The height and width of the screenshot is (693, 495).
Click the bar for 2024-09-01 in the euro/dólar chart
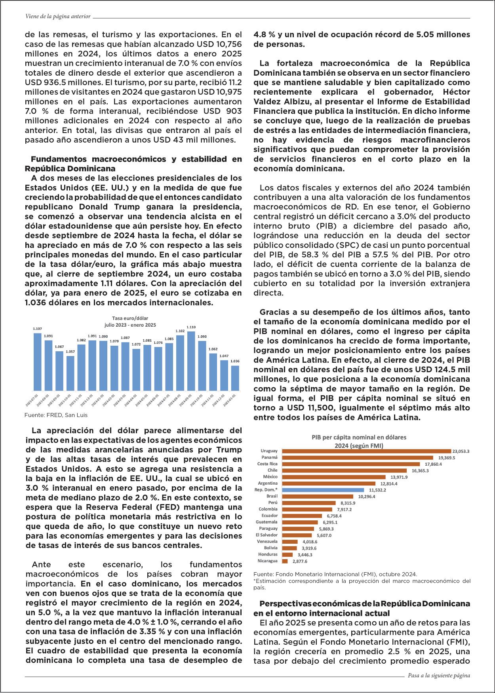[191, 360]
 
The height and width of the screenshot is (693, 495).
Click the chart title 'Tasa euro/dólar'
[130, 318]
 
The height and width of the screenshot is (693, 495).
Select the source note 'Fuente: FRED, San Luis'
[56, 415]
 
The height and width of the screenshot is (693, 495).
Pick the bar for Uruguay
[366, 451]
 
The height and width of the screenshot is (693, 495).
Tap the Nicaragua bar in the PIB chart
[285, 561]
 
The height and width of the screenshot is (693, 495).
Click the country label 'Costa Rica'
[267, 464]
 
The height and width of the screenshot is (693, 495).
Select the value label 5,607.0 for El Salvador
[324, 535]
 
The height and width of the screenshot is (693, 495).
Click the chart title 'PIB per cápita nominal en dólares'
[359, 438]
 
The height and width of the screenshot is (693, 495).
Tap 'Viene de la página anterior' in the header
[58, 17]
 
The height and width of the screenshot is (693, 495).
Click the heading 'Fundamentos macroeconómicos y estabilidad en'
[136, 159]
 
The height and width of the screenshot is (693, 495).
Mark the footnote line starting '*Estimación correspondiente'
[362, 581]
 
